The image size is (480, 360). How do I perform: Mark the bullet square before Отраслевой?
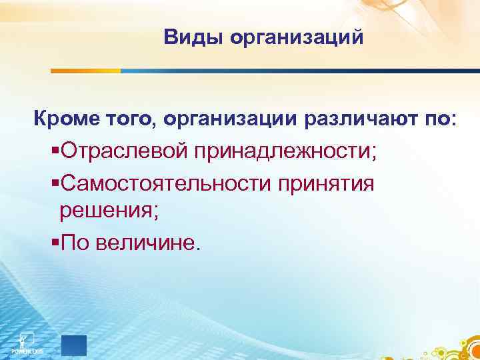[55, 151]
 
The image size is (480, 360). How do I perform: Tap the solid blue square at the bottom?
[74, 345]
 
